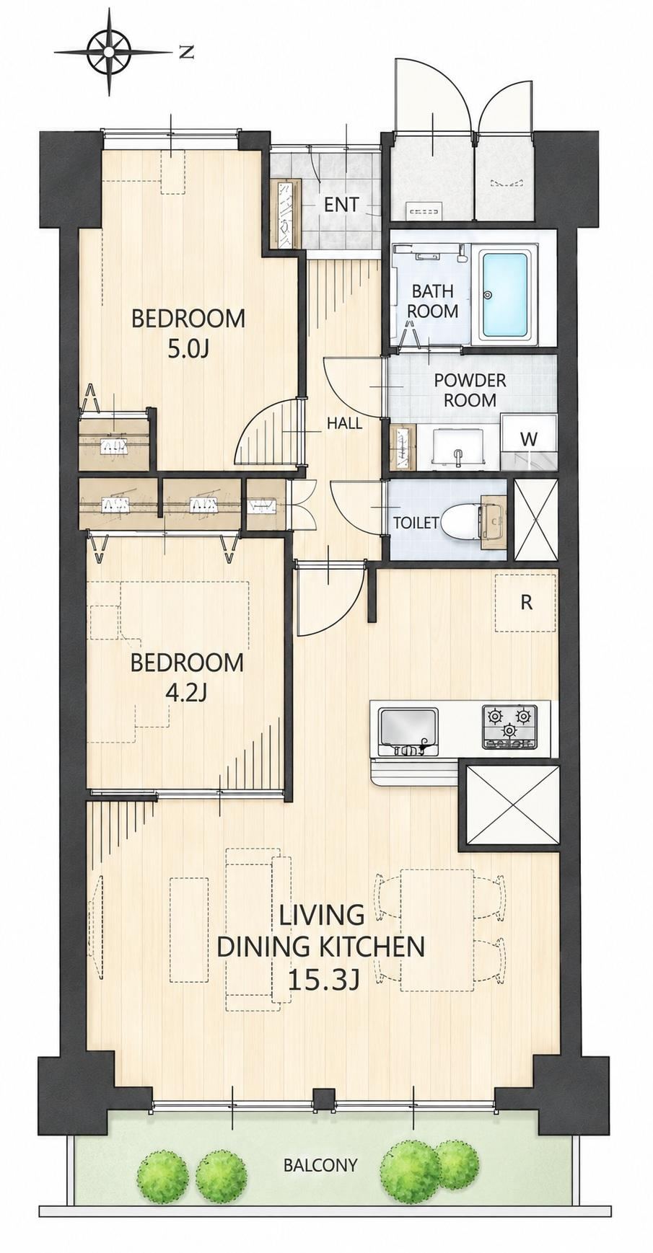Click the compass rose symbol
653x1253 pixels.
pos(110,51)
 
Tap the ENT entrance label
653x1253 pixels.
pos(341,205)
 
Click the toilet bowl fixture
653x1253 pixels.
pos(461,521)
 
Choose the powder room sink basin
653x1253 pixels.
pos(458,448)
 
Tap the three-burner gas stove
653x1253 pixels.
pos(510,727)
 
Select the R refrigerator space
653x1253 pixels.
pos(526,602)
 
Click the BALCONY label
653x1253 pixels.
pos(320,1164)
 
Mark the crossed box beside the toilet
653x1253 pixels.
pos(535,519)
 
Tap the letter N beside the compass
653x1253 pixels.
pos(187,51)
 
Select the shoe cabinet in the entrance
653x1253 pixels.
pos(284,214)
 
